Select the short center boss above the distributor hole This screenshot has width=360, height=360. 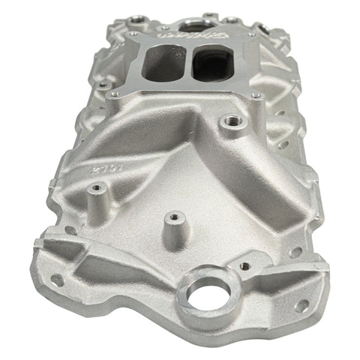coord(173,218)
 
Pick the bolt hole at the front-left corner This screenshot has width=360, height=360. coord(57,280)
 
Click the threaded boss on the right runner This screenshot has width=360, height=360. coord(227,120)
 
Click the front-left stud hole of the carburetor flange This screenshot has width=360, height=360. coord(113,94)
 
